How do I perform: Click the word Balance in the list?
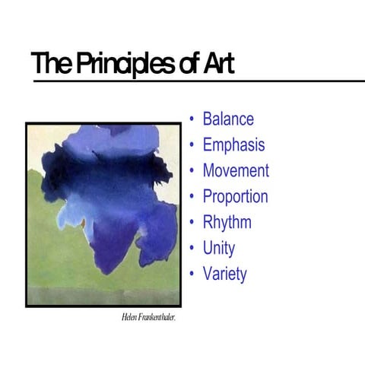click(228, 119)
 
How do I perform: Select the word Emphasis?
click(233, 145)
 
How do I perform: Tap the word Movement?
click(236, 170)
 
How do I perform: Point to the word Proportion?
click(235, 197)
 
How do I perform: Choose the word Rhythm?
click(227, 223)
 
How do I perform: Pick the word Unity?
click(219, 249)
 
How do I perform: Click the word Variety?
click(224, 274)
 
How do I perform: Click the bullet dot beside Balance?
click(193, 119)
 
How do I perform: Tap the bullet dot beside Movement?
click(193, 170)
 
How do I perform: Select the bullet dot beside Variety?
click(193, 274)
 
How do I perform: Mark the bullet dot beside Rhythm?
click(193, 223)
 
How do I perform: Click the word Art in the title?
click(217, 65)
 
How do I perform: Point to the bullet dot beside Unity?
click(193, 249)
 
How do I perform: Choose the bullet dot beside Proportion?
click(193, 197)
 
